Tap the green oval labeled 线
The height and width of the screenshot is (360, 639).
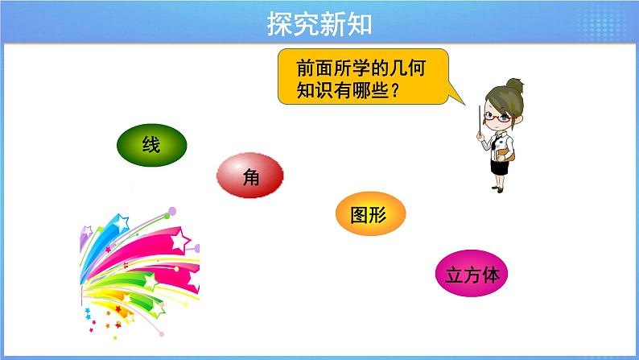(x=151, y=145)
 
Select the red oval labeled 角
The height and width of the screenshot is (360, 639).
(x=250, y=179)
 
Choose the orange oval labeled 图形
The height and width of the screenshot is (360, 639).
(x=370, y=215)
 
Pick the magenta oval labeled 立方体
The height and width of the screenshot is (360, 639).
(x=473, y=275)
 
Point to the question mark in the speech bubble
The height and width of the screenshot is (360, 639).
(x=394, y=91)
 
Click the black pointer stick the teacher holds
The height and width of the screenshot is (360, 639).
(x=480, y=120)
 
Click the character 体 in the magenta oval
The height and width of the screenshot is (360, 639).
(x=492, y=275)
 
